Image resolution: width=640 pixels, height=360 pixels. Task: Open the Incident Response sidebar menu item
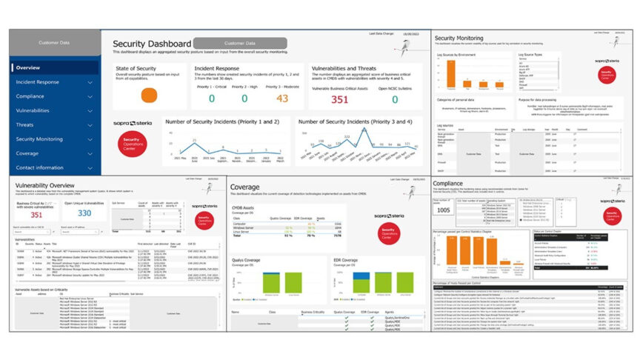37,81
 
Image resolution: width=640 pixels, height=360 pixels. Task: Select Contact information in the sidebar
40,167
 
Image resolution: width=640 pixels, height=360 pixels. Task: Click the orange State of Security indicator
149,96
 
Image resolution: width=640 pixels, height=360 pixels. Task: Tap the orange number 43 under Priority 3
281,99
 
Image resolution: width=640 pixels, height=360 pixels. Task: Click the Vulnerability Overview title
44,185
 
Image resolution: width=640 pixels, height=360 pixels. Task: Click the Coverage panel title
245,187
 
